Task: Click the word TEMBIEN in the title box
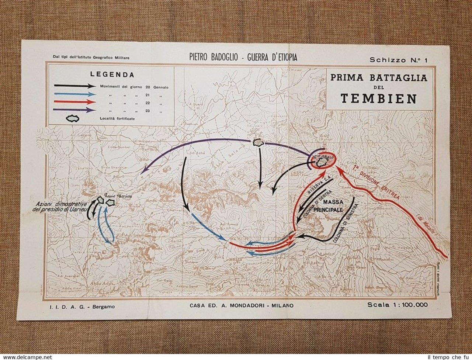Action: coord(379,98)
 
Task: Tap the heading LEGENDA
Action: coord(112,75)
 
